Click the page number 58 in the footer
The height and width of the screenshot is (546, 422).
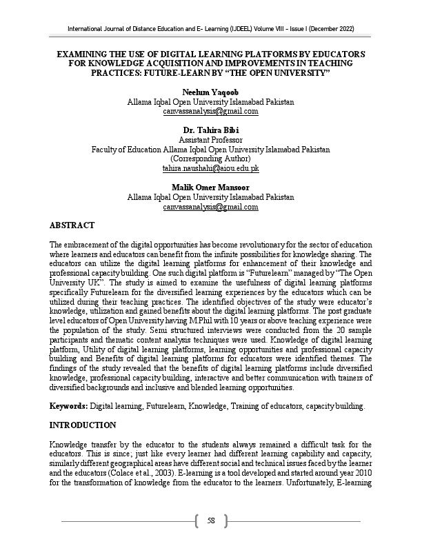point(211,520)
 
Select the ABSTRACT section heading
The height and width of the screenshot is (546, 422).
point(72,225)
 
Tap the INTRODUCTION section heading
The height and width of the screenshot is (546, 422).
point(83,425)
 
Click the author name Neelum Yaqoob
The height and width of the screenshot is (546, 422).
point(211,92)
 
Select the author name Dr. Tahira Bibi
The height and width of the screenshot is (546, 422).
point(211,130)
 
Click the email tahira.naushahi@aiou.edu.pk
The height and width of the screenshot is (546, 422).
point(211,168)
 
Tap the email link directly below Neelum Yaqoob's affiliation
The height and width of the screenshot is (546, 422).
point(211,111)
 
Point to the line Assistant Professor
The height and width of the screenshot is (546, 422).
point(211,140)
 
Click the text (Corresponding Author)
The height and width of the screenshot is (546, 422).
point(211,159)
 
